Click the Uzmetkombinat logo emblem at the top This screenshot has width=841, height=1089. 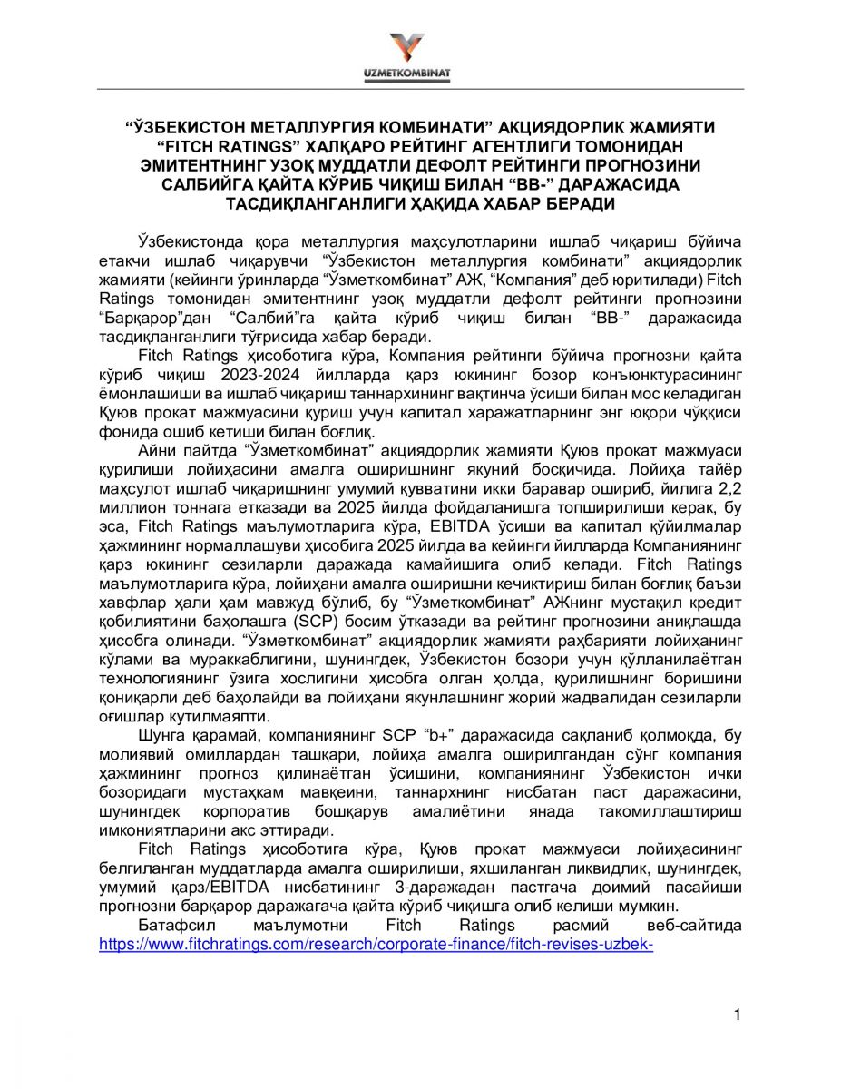[x=418, y=47]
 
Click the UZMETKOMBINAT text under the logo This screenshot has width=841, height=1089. [x=418, y=73]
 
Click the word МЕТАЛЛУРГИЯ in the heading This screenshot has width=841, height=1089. [x=329, y=128]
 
